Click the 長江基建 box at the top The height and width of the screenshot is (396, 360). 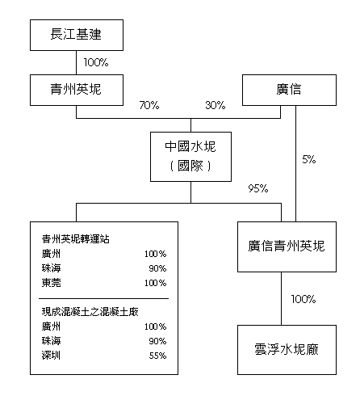(x=77, y=35)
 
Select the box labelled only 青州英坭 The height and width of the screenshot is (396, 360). (x=77, y=90)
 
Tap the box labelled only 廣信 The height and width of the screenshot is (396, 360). (x=289, y=90)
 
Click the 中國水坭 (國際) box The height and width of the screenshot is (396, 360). (x=190, y=157)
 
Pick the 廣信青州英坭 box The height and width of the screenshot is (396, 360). (x=287, y=246)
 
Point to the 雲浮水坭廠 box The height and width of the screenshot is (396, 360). (x=287, y=350)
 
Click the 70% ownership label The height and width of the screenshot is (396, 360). (x=149, y=105)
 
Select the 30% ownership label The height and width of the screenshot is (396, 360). (x=216, y=105)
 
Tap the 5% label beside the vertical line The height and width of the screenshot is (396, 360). (x=309, y=159)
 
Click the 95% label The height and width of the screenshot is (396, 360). (x=258, y=188)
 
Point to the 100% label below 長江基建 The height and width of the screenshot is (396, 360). (x=96, y=62)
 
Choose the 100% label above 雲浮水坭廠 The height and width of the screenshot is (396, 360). (x=303, y=299)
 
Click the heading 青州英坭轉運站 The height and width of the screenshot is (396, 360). (x=76, y=239)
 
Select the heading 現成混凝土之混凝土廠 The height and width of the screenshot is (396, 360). (x=90, y=312)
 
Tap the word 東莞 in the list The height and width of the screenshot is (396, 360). (x=52, y=283)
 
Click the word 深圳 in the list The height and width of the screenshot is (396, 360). (x=51, y=356)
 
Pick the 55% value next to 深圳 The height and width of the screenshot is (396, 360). (x=157, y=356)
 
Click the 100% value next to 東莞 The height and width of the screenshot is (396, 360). (x=156, y=283)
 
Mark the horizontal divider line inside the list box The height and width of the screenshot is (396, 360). (x=103, y=298)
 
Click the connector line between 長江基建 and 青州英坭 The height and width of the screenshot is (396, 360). (x=77, y=62)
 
